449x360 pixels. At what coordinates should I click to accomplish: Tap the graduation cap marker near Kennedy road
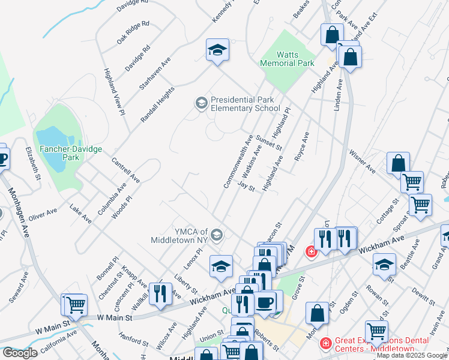pos(217,50)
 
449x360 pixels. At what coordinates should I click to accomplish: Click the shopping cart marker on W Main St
pos(76,305)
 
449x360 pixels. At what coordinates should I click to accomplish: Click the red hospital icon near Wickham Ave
pos(311,251)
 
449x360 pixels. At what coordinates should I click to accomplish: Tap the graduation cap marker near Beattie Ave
pos(384,265)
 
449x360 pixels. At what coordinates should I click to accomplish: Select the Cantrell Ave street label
pos(125,170)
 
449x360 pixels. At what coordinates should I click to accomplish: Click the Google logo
pos(20,353)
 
